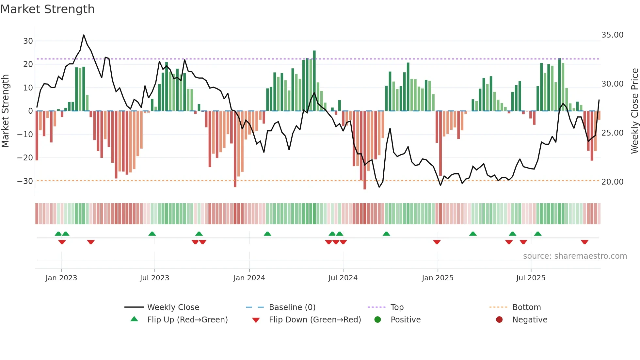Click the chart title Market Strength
click(x=47, y=9)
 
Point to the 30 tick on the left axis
click(x=28, y=41)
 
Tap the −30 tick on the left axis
click(x=25, y=181)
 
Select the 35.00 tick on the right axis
click(x=612, y=35)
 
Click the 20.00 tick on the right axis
click(x=612, y=182)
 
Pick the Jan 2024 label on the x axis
click(x=249, y=278)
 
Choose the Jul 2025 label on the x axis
click(x=531, y=278)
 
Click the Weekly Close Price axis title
click(x=634, y=111)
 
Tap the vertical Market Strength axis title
click(x=5, y=111)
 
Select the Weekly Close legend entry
click(x=173, y=307)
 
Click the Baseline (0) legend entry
click(x=292, y=307)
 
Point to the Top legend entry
click(x=397, y=307)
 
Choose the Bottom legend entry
click(x=526, y=307)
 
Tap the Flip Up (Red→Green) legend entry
click(x=187, y=320)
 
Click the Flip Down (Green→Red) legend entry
click(x=315, y=320)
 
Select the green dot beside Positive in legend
click(x=378, y=320)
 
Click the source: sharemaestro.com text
click(x=575, y=256)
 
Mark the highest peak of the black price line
click(x=84, y=35)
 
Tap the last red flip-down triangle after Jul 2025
click(x=584, y=242)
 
